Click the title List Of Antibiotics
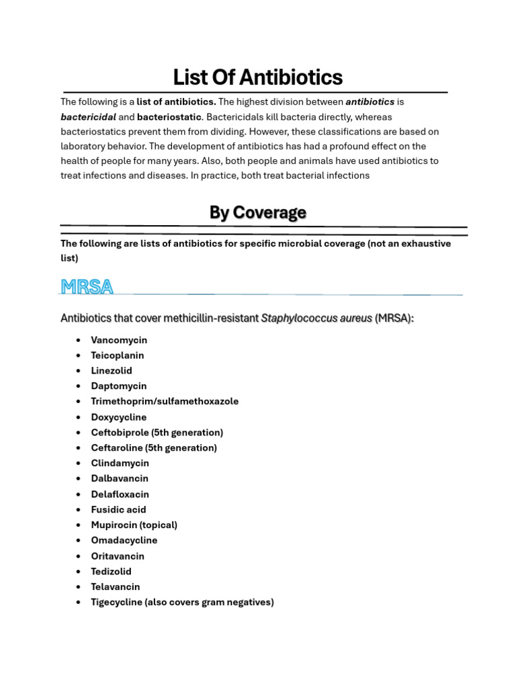(x=258, y=77)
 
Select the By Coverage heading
(x=258, y=212)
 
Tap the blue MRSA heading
(x=87, y=287)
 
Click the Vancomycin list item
(x=119, y=340)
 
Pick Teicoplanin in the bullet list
(x=118, y=355)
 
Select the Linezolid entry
(x=112, y=371)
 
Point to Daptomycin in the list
(x=119, y=386)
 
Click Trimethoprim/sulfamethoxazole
(x=165, y=401)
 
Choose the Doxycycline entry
(x=119, y=417)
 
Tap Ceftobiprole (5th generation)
(x=157, y=433)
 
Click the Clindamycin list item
(x=120, y=463)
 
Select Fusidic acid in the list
(x=118, y=509)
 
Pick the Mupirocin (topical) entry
(x=134, y=525)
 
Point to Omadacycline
(x=124, y=540)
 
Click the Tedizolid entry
(x=112, y=571)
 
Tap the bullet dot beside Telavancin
(x=79, y=587)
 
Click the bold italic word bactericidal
(x=88, y=117)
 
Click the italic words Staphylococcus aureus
(x=316, y=318)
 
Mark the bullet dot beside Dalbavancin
(x=79, y=478)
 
